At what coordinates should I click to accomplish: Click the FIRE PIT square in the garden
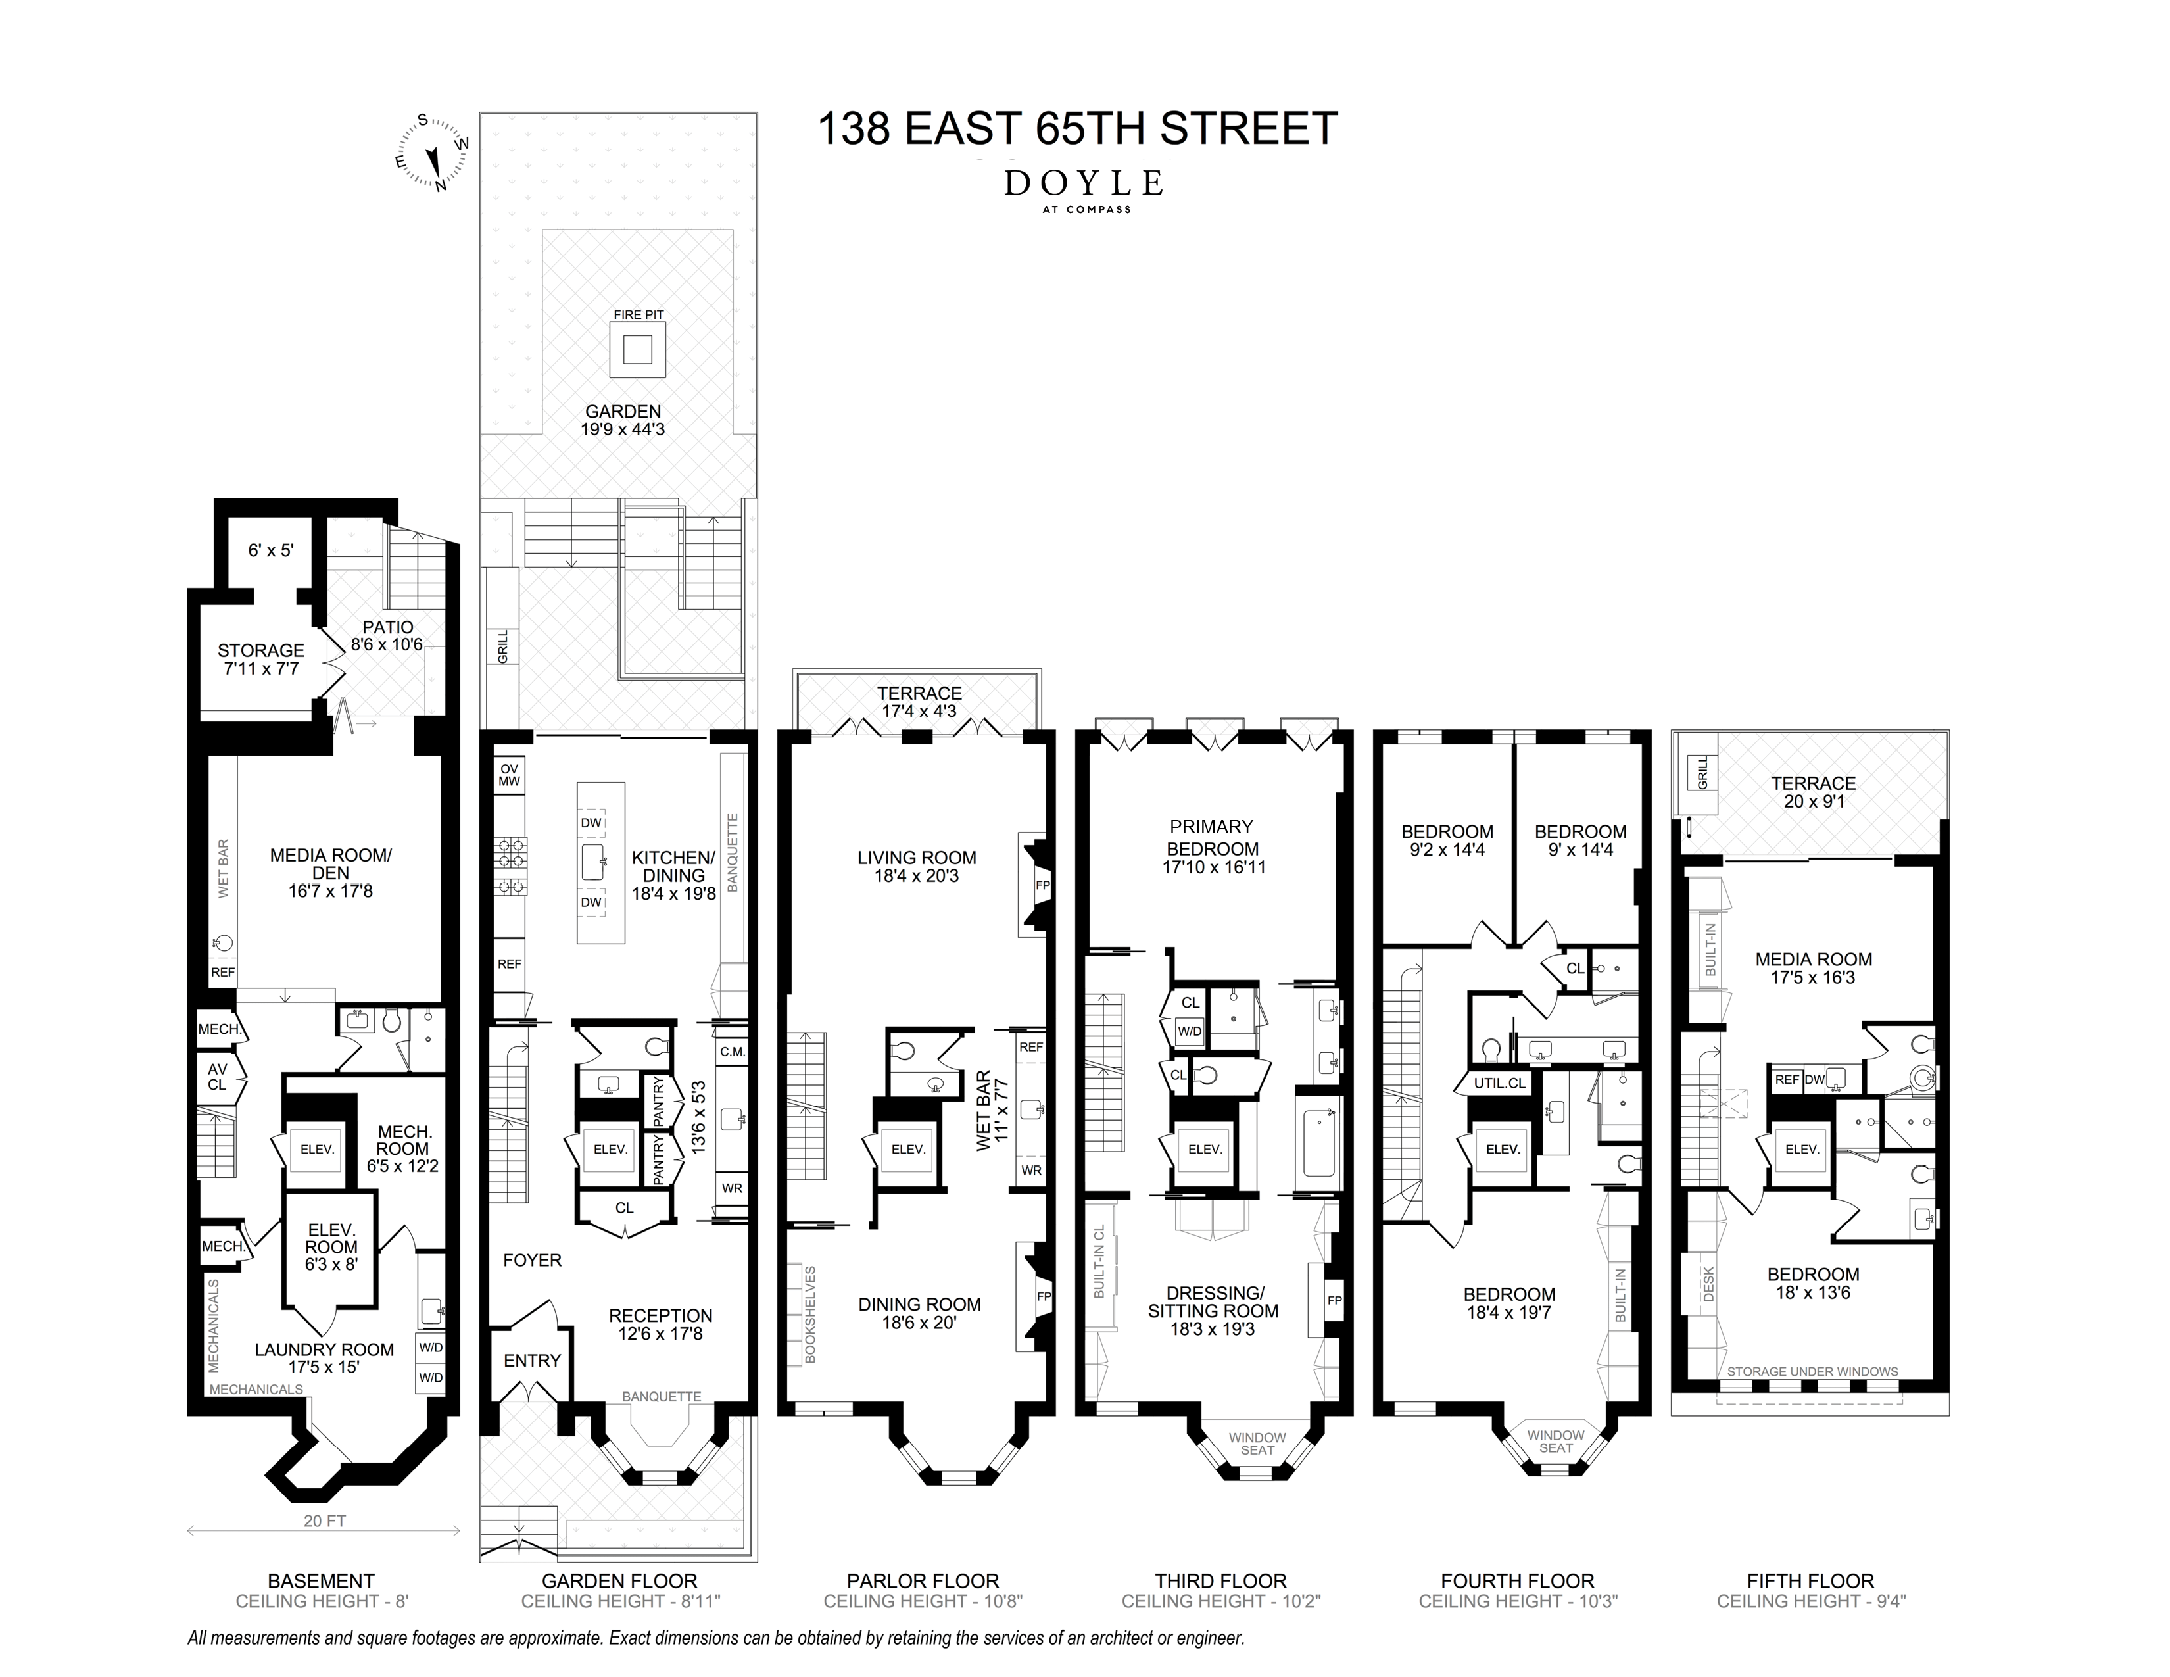[638, 350]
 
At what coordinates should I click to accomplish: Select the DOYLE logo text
[1083, 183]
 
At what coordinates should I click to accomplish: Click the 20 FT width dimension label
[324, 1520]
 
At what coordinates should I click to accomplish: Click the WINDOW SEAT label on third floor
[1257, 1444]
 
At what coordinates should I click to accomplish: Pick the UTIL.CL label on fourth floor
[1499, 1083]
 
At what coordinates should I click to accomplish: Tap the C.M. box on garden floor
[733, 1051]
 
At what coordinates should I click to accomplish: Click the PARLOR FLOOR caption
[922, 1580]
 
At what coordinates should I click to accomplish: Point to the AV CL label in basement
[216, 1077]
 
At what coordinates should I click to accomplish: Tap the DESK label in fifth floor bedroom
[1708, 1284]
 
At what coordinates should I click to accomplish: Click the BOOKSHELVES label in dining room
[809, 1313]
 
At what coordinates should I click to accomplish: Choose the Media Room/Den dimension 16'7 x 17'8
[331, 891]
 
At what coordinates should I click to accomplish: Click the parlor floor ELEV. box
[907, 1148]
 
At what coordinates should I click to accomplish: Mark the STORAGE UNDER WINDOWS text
[1812, 1372]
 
